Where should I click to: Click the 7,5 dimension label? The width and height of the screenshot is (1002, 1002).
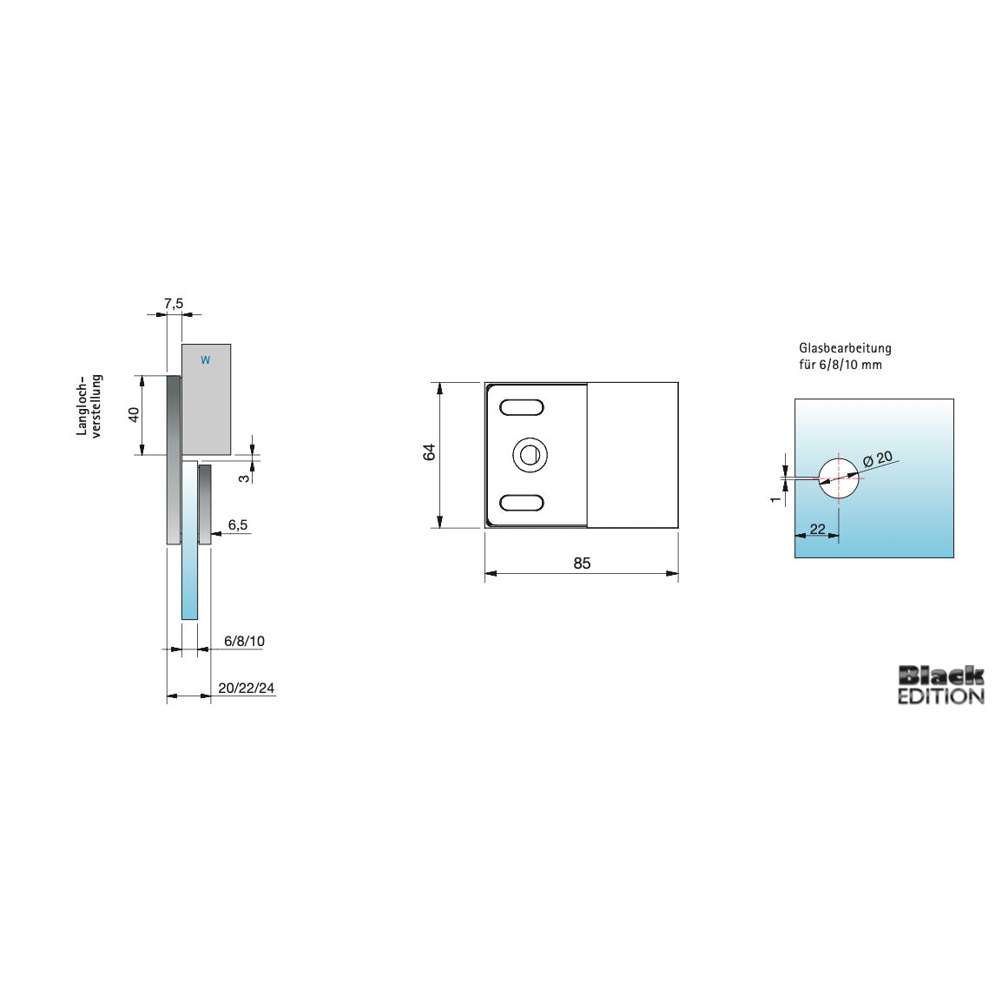[174, 303]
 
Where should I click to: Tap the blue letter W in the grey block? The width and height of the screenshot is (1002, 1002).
[205, 359]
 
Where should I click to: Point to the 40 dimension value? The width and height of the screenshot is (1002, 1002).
[134, 414]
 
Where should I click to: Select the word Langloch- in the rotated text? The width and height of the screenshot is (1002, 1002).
[82, 405]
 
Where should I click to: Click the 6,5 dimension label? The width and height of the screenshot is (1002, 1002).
[238, 524]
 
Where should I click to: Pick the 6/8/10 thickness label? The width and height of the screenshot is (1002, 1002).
[244, 641]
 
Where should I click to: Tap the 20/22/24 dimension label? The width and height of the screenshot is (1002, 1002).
[247, 688]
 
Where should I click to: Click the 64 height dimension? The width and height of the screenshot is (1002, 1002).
[430, 452]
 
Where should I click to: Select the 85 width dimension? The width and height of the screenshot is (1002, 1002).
[582, 564]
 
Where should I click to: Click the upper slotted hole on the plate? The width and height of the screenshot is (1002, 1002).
[522, 406]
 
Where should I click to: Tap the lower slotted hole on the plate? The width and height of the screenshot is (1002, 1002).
[522, 503]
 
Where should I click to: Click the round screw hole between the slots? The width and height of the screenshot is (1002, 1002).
[529, 454]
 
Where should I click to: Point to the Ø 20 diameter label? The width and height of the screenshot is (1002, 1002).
[877, 458]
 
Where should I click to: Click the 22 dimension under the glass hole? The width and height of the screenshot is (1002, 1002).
[817, 529]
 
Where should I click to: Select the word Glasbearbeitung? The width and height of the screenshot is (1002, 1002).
[845, 348]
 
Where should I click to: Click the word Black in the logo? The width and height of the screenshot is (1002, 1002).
[940, 675]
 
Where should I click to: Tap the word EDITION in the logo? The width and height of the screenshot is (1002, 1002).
[940, 695]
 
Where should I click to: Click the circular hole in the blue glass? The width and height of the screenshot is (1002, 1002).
[839, 477]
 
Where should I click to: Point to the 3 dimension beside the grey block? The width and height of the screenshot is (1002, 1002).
[245, 476]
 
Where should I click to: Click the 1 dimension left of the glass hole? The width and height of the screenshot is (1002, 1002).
[775, 499]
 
